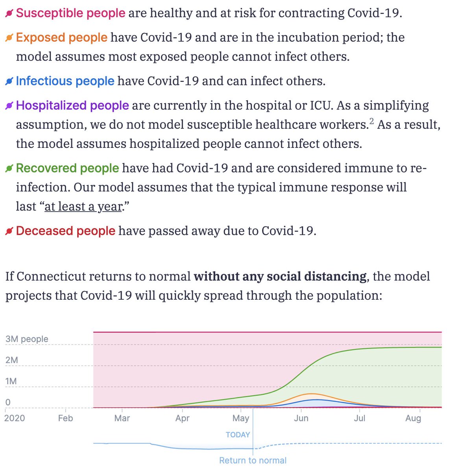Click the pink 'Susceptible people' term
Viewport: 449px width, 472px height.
coord(70,13)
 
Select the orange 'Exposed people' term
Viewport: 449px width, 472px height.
coord(61,37)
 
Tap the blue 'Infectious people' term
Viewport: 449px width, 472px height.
coord(65,81)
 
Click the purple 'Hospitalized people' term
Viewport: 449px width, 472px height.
coord(72,105)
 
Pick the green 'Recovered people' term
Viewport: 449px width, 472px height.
coord(67,168)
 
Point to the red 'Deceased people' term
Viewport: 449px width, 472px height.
coord(66,231)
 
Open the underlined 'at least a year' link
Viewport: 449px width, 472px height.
coord(83,206)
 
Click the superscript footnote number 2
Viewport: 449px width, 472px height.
coord(371,121)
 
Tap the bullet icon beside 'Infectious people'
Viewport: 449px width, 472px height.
coord(9,81)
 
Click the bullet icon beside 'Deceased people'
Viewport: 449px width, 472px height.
coord(9,231)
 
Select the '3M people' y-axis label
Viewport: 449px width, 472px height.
coord(27,339)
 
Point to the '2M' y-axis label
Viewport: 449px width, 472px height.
coord(12,360)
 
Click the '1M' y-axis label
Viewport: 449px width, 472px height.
coord(11,382)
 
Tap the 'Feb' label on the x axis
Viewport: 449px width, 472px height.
coord(65,418)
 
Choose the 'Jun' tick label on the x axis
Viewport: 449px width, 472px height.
coord(301,418)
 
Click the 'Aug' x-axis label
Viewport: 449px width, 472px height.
coord(413,418)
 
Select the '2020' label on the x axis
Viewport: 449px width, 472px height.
coord(15,418)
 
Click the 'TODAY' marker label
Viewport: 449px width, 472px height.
coord(238,435)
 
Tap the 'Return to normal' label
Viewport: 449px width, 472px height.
coord(253,460)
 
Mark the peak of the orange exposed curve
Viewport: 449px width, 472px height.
coord(312,393)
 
